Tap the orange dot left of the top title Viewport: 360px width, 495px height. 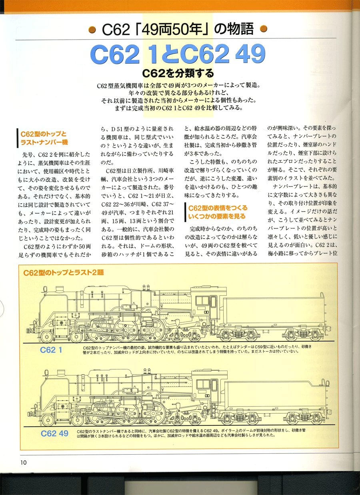point(92,29)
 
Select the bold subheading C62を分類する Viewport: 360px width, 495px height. point(178,74)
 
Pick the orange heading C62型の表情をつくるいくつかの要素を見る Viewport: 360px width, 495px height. point(218,212)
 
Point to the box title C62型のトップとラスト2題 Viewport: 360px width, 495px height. point(64,273)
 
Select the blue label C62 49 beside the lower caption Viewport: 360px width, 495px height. point(54,433)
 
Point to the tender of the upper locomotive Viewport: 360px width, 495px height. point(276,312)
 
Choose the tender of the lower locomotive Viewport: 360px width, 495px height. point(276,396)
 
